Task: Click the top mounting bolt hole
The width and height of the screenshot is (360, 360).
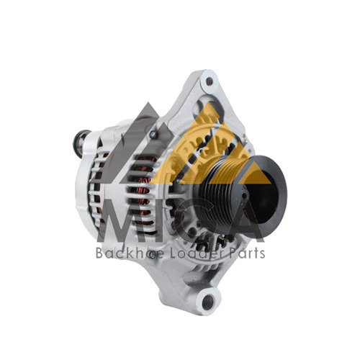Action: (210, 81)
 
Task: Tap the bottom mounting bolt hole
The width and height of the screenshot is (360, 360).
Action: (208, 302)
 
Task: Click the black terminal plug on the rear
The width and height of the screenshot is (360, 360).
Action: (81, 143)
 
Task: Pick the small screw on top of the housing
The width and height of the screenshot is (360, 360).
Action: (153, 135)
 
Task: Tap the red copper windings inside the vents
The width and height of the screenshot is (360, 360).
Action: (143, 189)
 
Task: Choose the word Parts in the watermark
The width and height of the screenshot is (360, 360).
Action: (247, 253)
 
